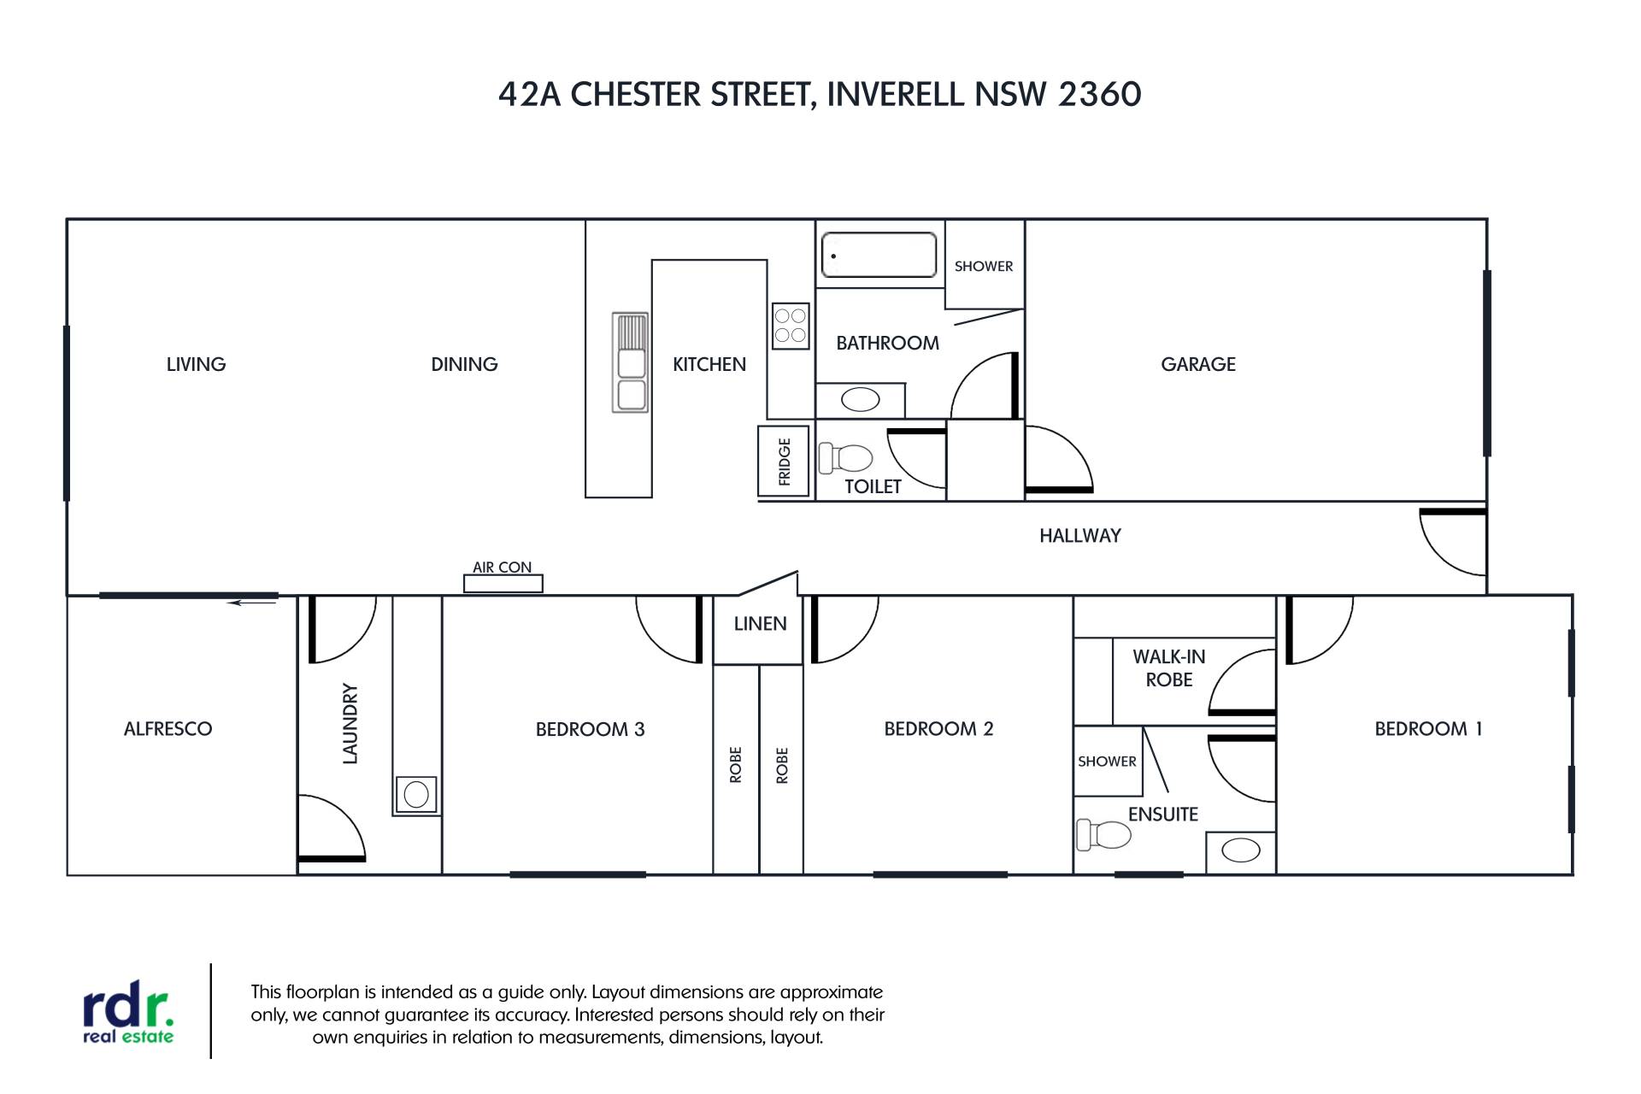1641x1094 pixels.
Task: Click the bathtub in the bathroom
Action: click(879, 255)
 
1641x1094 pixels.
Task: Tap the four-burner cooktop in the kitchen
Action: click(791, 326)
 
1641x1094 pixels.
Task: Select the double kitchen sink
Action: click(630, 362)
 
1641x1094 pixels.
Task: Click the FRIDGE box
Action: click(784, 462)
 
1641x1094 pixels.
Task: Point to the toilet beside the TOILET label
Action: click(845, 458)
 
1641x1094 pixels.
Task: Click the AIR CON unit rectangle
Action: click(503, 584)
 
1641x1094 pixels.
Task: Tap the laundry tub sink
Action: click(416, 795)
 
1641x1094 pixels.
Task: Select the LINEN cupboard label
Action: click(760, 624)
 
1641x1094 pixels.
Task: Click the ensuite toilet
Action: click(1103, 834)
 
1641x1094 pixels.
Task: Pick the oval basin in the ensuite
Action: click(1241, 850)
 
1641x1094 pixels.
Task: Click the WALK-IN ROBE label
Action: click(1169, 668)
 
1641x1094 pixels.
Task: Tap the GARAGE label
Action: click(1198, 364)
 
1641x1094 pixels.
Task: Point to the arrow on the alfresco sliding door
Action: click(252, 603)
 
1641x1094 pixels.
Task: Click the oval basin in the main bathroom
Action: click(861, 399)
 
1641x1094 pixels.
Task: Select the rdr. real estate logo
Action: click(128, 1016)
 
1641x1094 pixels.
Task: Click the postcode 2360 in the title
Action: click(1099, 94)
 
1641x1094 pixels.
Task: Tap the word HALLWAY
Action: click(1080, 536)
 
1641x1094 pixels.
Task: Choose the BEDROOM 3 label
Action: click(590, 729)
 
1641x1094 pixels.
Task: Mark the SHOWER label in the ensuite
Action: click(1107, 762)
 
